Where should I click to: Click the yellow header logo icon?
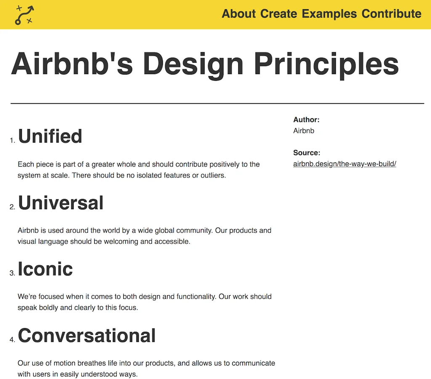(x=24, y=15)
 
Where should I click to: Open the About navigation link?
(x=239, y=14)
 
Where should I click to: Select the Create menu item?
(x=279, y=14)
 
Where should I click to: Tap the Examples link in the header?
(x=329, y=14)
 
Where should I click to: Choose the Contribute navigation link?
(x=391, y=14)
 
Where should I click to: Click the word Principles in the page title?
(x=326, y=64)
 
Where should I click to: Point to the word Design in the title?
(x=193, y=64)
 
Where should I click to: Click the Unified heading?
(x=50, y=136)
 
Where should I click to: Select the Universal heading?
(x=61, y=203)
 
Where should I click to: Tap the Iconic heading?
(x=45, y=269)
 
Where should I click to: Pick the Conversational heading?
(x=87, y=336)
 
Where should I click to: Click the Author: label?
(x=306, y=120)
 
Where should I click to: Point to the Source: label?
(x=307, y=153)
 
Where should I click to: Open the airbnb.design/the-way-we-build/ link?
(x=345, y=164)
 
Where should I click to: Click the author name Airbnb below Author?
(x=304, y=131)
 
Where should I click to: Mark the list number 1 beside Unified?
(x=12, y=141)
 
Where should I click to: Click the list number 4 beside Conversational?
(x=12, y=340)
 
